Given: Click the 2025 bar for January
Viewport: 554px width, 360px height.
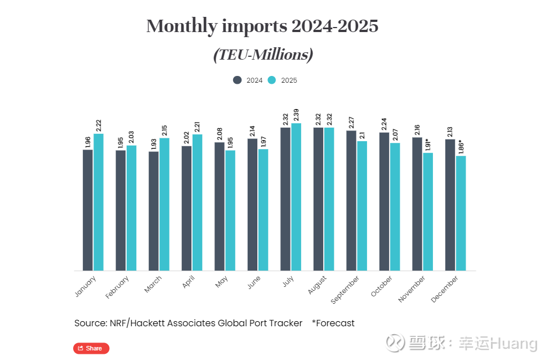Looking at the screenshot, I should tap(99, 202).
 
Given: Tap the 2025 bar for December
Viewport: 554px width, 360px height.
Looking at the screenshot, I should tap(461, 213).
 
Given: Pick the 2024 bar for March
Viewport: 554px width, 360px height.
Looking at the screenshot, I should tap(153, 211).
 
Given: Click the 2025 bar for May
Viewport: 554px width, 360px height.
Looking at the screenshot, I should tap(230, 210).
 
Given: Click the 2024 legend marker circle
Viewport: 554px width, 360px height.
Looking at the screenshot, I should tap(238, 80).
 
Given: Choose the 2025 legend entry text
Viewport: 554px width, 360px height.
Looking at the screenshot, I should tap(289, 80).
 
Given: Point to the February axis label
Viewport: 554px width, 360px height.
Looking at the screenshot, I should tap(118, 286).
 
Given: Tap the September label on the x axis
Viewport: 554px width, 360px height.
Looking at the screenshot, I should tap(346, 289).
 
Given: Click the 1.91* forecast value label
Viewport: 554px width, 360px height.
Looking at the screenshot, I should tap(428, 143).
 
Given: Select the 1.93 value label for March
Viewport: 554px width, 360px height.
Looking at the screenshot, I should tap(153, 143).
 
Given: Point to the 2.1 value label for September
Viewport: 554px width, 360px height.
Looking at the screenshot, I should tap(362, 135).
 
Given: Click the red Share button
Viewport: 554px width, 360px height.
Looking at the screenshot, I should tap(91, 348).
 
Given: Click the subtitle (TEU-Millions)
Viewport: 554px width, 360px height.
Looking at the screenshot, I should tap(262, 55).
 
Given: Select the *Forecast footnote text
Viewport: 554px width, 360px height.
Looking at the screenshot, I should tap(333, 323).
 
